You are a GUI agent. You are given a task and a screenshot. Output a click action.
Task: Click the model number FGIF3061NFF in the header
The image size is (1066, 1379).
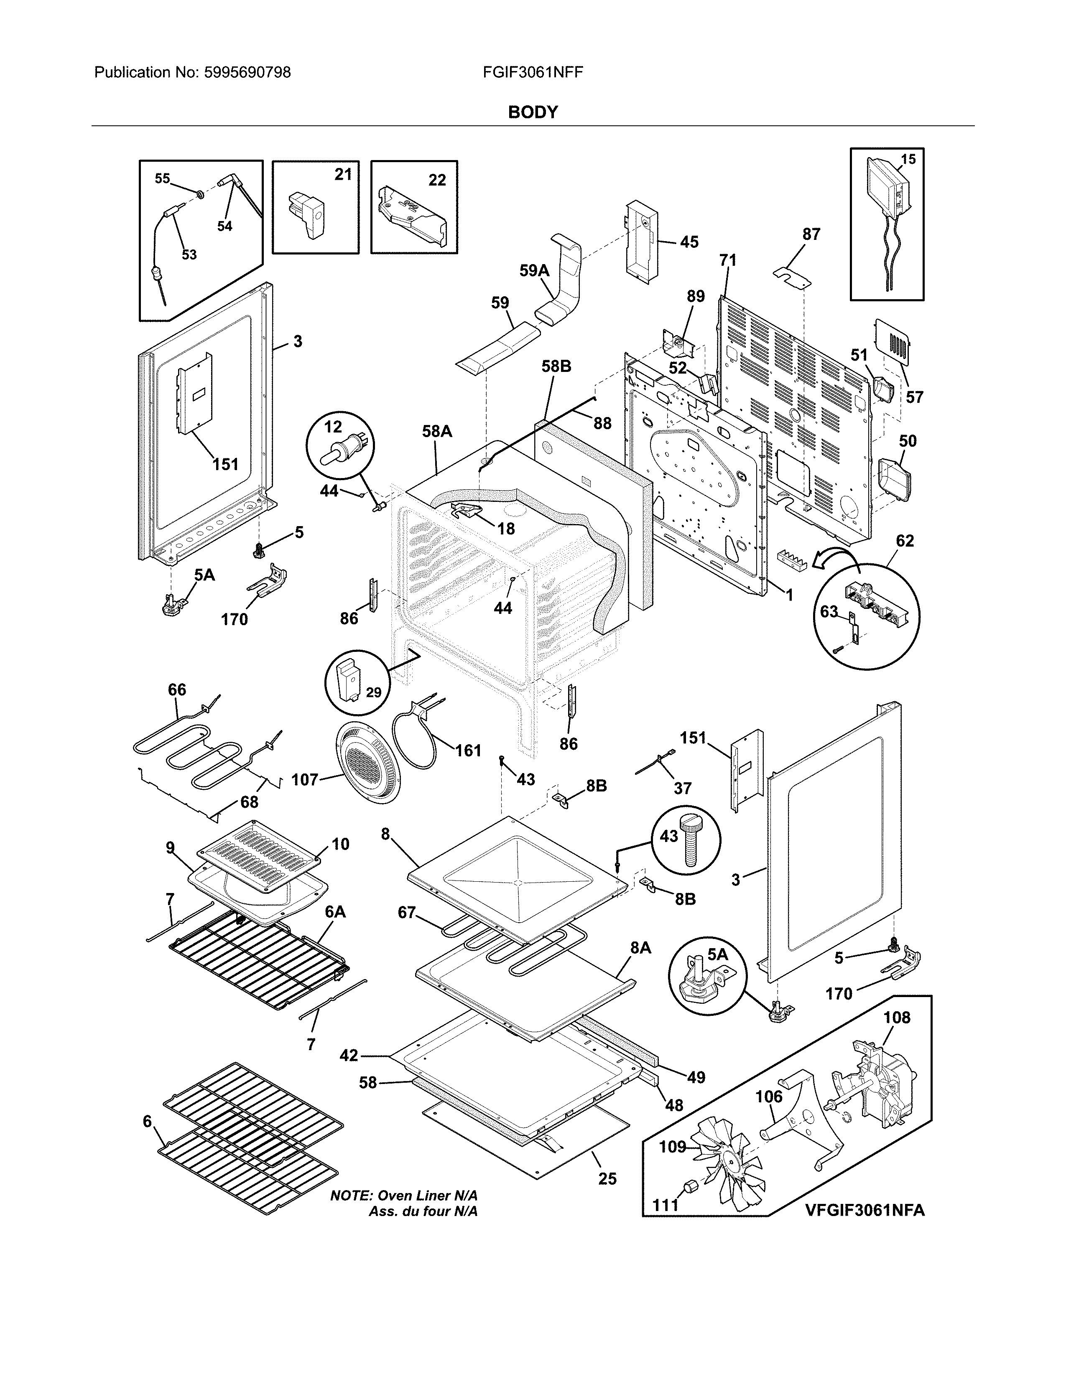coord(532,73)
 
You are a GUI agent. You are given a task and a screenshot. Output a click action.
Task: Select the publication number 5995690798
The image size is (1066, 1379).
coord(247,73)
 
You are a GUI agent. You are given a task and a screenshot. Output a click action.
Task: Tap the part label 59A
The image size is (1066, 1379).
coord(534,271)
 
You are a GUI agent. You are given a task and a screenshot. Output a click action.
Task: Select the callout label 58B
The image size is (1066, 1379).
coord(556,366)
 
